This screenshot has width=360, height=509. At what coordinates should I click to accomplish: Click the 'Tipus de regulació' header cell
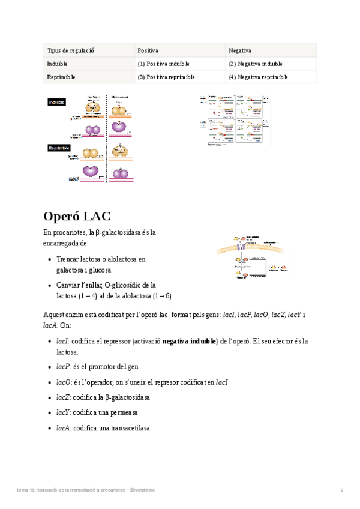(70, 50)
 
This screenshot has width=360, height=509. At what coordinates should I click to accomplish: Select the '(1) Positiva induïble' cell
(163, 64)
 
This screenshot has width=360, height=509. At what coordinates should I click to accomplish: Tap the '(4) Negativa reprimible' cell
(258, 77)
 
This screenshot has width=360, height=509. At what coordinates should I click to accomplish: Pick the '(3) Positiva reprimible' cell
(165, 77)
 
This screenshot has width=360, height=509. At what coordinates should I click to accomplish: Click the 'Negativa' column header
(240, 50)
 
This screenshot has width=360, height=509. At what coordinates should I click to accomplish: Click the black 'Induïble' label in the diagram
(57, 103)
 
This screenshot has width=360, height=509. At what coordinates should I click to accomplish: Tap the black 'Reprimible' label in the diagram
(59, 148)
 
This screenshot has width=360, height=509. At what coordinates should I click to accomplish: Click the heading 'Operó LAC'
(77, 216)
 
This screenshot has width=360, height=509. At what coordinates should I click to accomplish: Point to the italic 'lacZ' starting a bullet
(62, 397)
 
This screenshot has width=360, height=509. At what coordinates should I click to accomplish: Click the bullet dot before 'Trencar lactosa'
(49, 259)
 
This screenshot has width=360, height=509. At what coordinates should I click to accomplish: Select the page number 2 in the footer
(342, 490)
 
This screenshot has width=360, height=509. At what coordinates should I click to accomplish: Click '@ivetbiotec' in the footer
(142, 490)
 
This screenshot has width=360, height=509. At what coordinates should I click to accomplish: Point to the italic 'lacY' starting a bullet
(62, 413)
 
